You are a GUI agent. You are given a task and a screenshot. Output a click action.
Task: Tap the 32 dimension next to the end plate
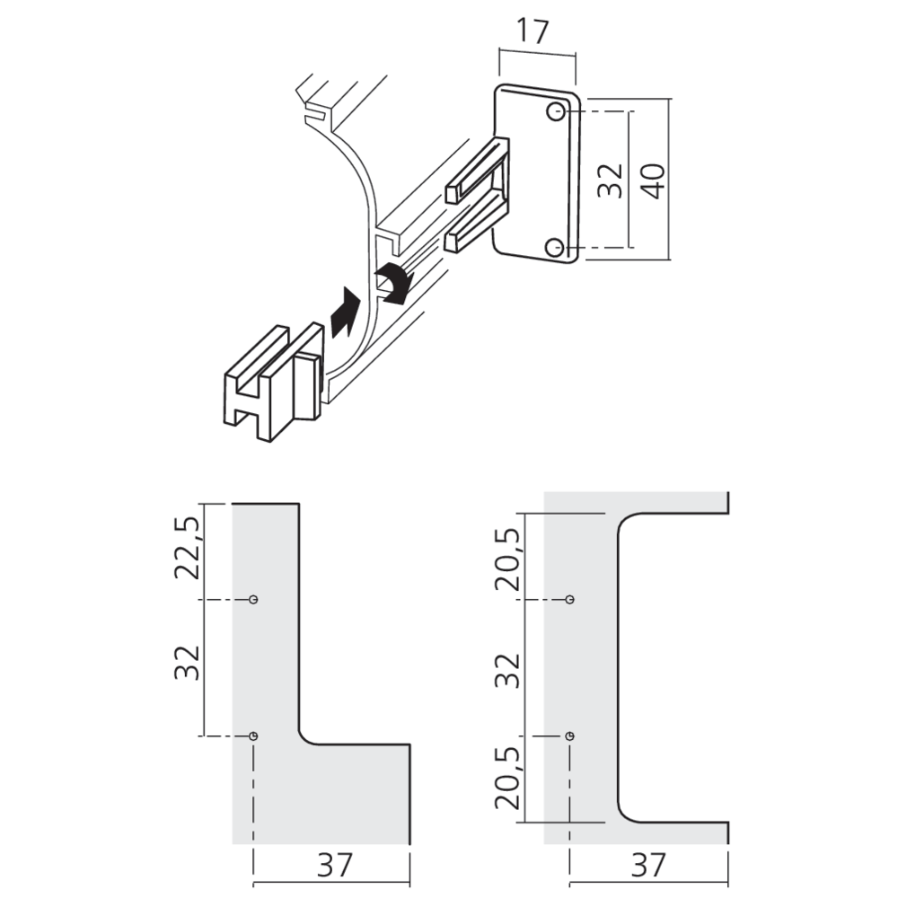[x=610, y=180]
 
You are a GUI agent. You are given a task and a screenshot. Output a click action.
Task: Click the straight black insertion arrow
[x=345, y=312]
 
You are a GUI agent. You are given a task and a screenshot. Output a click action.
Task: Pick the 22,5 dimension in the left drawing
[x=186, y=550]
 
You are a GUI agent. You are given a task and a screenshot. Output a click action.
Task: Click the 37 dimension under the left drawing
[x=331, y=865]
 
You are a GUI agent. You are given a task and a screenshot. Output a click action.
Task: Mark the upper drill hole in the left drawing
[x=254, y=599]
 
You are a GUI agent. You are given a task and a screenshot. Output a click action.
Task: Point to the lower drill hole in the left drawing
[x=254, y=736]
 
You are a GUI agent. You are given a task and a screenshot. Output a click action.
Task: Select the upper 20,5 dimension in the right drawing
[x=506, y=557]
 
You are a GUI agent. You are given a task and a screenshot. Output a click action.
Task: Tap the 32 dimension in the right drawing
[x=506, y=669]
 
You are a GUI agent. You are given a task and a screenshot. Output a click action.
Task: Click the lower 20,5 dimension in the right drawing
[x=506, y=779]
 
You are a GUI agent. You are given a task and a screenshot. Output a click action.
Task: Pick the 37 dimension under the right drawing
[x=648, y=865]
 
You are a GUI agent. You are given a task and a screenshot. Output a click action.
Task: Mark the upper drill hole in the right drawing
[x=569, y=599]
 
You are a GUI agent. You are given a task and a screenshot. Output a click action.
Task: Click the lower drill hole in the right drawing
[x=569, y=736]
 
